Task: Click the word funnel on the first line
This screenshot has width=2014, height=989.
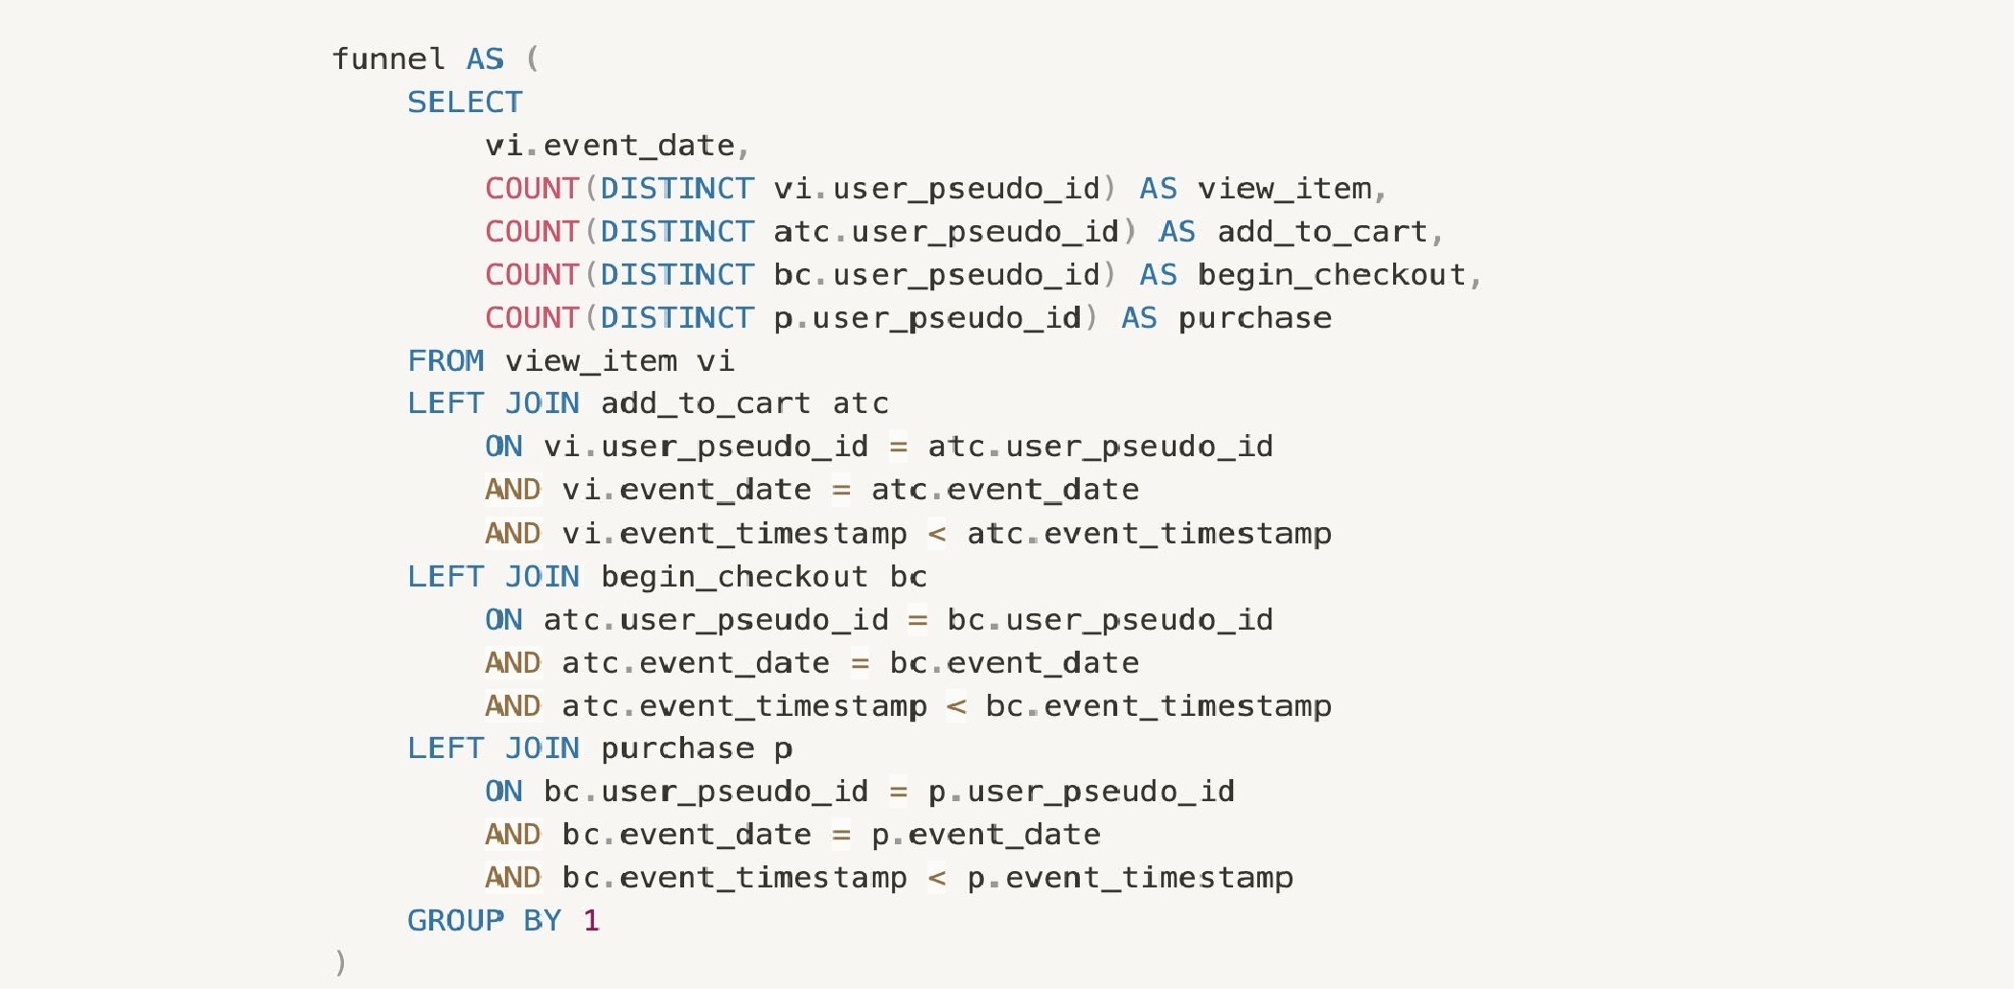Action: (388, 59)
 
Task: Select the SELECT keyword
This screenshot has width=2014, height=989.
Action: (465, 103)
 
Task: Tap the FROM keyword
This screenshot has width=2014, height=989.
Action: (446, 361)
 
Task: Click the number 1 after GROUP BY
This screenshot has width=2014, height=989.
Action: (591, 921)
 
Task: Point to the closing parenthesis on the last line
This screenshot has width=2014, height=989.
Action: (340, 962)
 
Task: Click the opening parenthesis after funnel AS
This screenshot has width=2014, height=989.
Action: (533, 59)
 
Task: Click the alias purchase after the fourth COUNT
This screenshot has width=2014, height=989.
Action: (1255, 318)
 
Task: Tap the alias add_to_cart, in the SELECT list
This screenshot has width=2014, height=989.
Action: (1330, 232)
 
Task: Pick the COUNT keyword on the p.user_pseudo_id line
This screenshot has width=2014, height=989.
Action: (532, 318)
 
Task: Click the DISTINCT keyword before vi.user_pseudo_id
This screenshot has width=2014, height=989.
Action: (676, 189)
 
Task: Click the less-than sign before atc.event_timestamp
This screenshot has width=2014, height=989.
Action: (937, 534)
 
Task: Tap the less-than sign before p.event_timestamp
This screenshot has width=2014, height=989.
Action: (937, 878)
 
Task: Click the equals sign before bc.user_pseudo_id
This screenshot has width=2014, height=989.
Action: (917, 620)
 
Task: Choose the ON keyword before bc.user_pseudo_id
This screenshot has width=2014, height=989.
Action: (504, 792)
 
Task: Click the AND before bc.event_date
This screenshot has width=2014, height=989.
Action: (513, 835)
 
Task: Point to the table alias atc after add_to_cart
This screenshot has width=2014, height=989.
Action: (860, 404)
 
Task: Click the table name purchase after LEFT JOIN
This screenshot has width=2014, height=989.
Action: (677, 748)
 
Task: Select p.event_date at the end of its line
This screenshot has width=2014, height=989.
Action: (985, 835)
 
